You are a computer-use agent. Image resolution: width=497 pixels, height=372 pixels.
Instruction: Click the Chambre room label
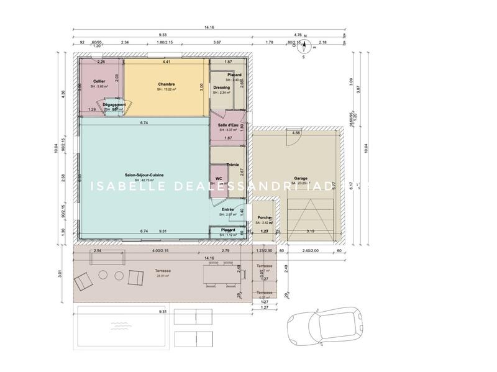tap(166, 84)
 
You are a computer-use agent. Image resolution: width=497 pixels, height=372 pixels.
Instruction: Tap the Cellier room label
tap(99, 81)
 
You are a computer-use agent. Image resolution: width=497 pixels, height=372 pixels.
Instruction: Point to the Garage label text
tap(301, 178)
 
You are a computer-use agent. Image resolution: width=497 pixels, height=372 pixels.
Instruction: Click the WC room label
tap(219, 178)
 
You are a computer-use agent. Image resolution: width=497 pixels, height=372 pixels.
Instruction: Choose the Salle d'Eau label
tap(228, 125)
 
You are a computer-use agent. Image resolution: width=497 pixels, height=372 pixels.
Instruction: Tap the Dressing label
tap(222, 88)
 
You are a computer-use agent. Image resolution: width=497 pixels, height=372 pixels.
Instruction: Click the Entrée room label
tap(227, 210)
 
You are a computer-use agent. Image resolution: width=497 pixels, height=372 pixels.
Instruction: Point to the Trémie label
tap(232, 165)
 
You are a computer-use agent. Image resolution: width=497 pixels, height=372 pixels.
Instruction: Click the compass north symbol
tap(305, 43)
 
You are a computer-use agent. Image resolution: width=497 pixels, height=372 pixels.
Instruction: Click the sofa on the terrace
tap(83, 284)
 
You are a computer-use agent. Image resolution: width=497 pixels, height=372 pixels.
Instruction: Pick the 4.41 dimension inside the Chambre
tap(166, 62)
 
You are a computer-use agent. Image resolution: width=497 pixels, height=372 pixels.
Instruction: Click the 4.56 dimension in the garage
tap(296, 132)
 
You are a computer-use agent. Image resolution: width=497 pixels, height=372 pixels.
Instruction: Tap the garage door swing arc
tap(289, 138)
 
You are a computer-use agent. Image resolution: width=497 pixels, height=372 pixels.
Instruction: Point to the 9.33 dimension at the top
tap(162, 35)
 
